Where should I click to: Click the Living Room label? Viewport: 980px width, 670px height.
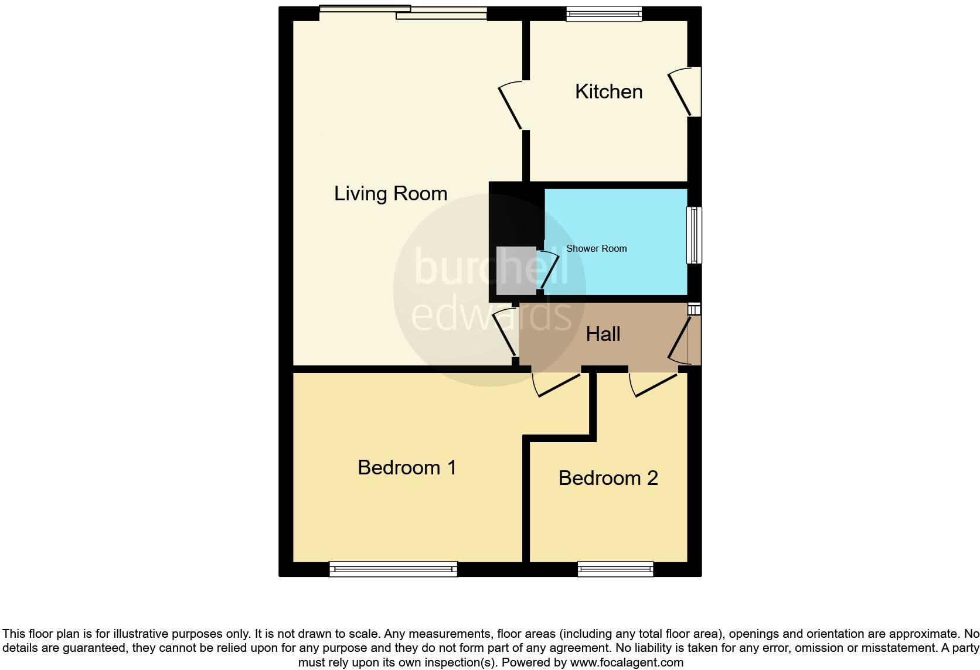point(390,193)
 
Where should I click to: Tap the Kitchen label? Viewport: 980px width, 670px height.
point(608,91)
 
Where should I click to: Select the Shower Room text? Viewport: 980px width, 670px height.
point(596,248)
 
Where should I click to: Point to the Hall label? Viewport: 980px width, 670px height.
point(603,334)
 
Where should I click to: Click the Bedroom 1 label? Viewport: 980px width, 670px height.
point(407,467)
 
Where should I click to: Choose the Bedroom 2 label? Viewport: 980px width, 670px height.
point(608,478)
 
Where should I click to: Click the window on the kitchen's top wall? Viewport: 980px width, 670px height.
point(604,13)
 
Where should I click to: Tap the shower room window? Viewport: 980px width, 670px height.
point(694,235)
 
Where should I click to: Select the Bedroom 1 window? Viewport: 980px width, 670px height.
point(393,569)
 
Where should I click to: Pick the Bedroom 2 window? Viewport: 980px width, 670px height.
point(615,569)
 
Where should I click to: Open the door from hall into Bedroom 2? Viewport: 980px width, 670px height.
point(652,384)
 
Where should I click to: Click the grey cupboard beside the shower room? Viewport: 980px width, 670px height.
point(516,271)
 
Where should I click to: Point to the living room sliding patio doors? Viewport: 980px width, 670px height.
point(403,12)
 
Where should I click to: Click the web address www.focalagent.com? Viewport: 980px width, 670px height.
point(626,663)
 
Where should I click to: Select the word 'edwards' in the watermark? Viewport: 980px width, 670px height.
point(491,314)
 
